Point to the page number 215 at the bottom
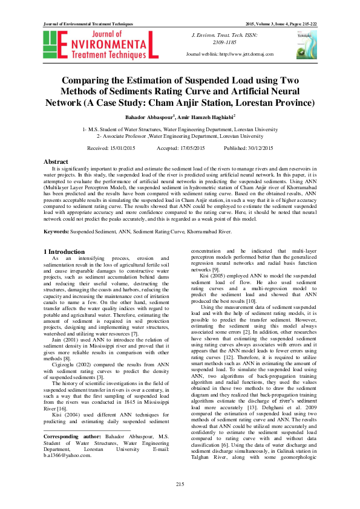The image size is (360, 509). tap(180, 485)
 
